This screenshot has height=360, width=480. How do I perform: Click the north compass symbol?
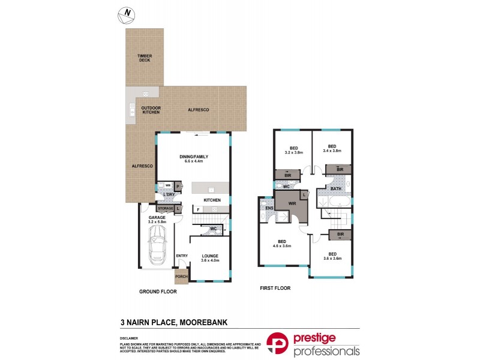(x=127, y=14)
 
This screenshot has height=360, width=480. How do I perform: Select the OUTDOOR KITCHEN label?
(x=151, y=110)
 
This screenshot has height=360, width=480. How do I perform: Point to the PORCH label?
(x=181, y=277)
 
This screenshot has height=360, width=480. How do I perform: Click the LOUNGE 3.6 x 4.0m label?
(x=210, y=259)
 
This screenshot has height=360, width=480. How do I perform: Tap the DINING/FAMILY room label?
(x=193, y=159)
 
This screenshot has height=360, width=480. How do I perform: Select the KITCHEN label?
(x=212, y=200)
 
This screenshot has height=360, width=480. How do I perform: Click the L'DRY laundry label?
(x=169, y=196)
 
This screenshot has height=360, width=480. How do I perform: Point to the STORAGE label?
(x=165, y=208)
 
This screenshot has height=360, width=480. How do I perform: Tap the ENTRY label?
(x=182, y=256)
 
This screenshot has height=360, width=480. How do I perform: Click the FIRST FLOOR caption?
(x=275, y=288)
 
